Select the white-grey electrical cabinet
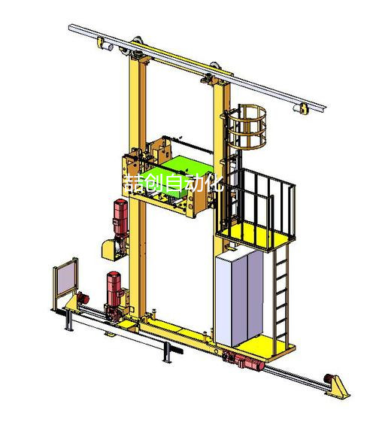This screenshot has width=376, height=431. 238,298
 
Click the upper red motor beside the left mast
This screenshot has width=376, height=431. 120,217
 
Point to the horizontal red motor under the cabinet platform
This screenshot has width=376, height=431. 248,362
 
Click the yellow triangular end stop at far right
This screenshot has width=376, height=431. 338,387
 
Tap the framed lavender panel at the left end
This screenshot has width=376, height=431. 66,278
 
